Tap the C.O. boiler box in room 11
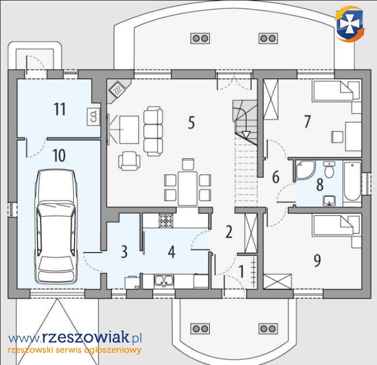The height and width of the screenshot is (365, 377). tap(94, 117)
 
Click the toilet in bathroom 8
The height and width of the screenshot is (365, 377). tap(329, 170)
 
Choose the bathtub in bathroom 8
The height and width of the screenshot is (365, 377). tap(352, 182)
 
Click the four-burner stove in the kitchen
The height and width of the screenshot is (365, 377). tap(166, 220)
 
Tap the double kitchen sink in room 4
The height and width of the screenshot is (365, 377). tap(164, 281)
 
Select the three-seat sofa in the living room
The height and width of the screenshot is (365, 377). tap(153, 131)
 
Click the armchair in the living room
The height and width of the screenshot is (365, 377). tap(129, 161)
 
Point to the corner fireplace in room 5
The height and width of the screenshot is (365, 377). tap(118, 90)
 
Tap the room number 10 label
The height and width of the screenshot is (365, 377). tap(59, 155)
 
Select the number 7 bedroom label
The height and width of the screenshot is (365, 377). tap(307, 122)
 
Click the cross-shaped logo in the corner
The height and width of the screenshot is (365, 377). tap(349, 24)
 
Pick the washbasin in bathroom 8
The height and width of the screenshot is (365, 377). tap(329, 201)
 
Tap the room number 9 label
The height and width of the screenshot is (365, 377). tap(317, 261)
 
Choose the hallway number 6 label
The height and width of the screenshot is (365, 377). tap(276, 177)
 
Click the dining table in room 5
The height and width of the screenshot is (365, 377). tap(188, 188)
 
